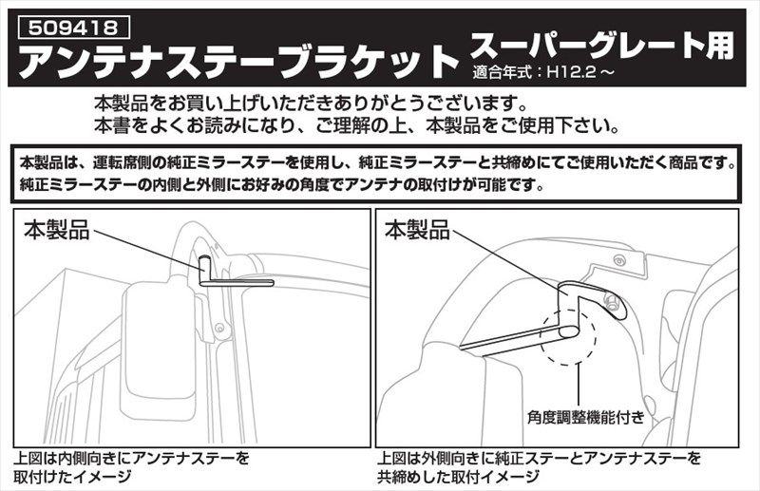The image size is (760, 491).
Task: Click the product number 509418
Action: [x=73, y=28]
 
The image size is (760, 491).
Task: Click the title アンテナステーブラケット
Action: [x=238, y=61]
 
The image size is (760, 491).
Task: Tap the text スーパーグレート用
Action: [x=602, y=46]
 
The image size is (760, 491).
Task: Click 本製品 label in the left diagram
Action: [x=57, y=229]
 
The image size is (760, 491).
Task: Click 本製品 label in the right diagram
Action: [x=417, y=229]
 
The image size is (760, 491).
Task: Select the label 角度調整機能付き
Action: [x=586, y=416]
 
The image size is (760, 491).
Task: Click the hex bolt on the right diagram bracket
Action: [x=611, y=302]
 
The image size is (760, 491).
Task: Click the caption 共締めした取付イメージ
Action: [x=458, y=477]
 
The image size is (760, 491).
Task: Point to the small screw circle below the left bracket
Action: [x=219, y=329]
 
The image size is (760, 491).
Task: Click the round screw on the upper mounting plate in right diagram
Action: [x=617, y=261]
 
